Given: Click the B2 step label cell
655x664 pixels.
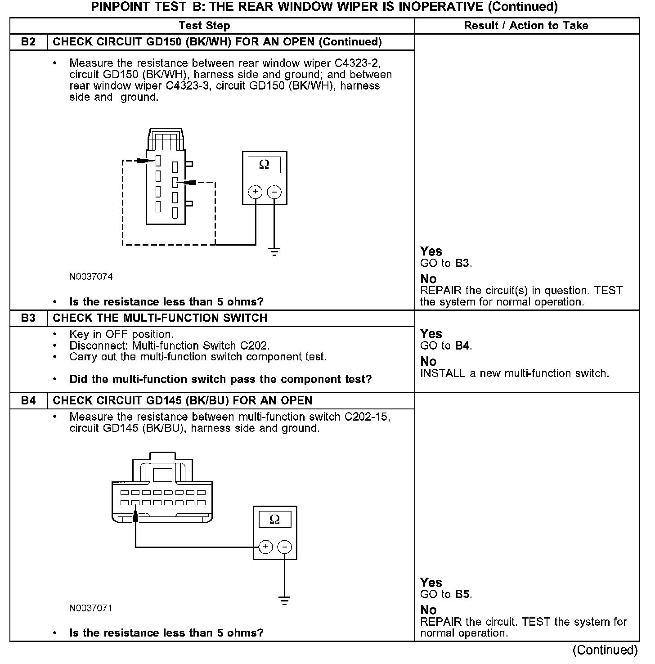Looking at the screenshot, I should click(x=28, y=42).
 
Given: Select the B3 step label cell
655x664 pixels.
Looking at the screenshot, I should click(x=28, y=318).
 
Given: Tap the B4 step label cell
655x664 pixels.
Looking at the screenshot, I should click(x=28, y=400).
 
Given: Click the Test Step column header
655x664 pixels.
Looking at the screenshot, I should click(x=204, y=26).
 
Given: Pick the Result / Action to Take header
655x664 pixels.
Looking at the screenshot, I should click(x=526, y=26).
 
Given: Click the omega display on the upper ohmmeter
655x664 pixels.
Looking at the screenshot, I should click(x=265, y=165).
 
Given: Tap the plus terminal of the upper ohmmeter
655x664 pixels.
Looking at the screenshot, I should click(x=256, y=192).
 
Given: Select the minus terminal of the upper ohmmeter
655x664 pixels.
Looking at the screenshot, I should click(x=274, y=192).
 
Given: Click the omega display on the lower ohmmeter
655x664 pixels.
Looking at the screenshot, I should click(x=274, y=520).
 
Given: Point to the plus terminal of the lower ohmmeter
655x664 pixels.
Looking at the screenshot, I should click(x=266, y=547).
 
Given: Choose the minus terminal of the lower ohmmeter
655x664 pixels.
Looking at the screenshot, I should click(x=284, y=547).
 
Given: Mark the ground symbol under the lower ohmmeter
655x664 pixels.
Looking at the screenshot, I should click(x=284, y=601).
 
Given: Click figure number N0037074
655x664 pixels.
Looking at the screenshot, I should click(x=91, y=277).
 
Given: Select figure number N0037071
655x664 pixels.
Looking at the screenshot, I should click(x=91, y=608).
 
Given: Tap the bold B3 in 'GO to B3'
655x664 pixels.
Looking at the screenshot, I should click(x=462, y=263).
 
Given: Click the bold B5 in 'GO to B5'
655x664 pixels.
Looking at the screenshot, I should click(x=462, y=594).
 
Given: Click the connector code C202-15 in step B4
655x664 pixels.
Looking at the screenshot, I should click(x=366, y=417).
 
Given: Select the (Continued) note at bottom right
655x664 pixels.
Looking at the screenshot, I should click(x=605, y=650).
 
